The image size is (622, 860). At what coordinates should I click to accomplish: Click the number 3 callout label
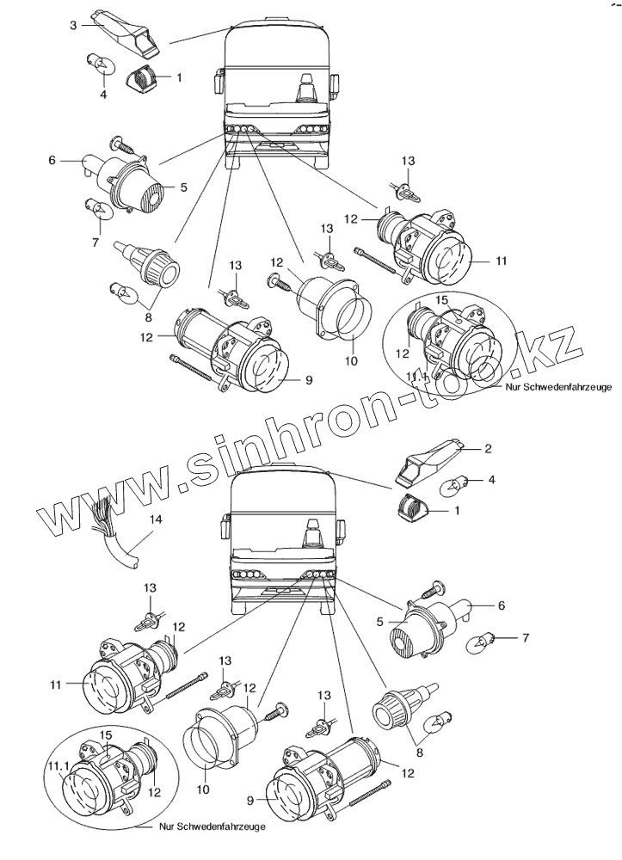(x=74, y=25)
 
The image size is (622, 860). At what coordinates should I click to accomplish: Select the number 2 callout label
(x=488, y=448)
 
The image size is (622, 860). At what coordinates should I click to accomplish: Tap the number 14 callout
(x=156, y=519)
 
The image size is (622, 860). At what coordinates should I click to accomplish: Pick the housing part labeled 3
(x=126, y=30)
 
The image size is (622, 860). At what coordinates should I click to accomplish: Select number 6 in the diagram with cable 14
(x=502, y=605)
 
